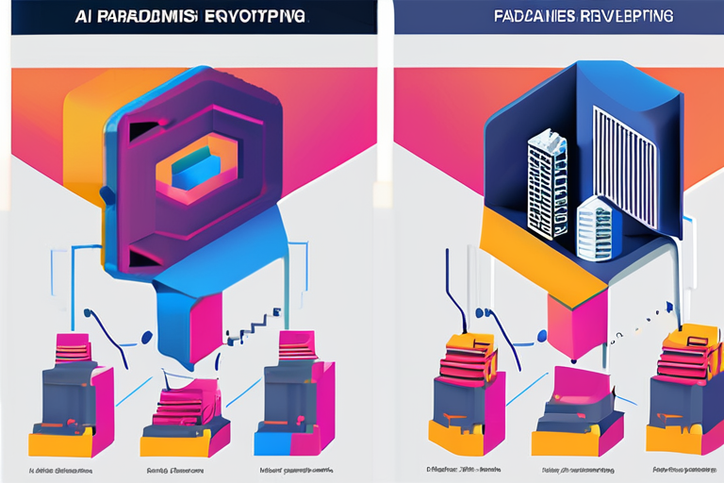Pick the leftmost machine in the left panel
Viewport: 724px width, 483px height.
tap(71, 401)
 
